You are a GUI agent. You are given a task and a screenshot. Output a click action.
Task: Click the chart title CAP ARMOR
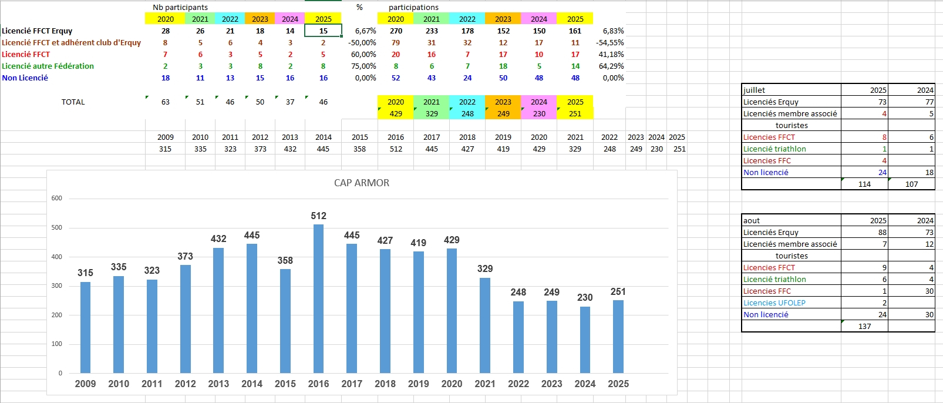point(362,183)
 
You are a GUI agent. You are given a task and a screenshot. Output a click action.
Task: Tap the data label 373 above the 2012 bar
point(185,256)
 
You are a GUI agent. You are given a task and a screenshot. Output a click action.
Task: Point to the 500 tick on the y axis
point(56,227)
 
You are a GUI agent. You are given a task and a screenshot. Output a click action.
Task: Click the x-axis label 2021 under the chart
point(485,384)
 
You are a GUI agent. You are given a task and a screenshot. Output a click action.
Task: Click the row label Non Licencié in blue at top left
point(25,78)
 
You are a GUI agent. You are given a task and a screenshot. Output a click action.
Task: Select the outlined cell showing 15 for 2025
point(323,31)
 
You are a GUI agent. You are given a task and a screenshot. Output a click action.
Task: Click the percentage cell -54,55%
point(609,42)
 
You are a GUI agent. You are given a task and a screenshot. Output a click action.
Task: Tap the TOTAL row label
point(73,102)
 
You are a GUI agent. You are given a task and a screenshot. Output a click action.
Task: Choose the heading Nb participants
point(180,7)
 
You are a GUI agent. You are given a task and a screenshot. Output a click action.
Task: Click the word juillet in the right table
point(754,90)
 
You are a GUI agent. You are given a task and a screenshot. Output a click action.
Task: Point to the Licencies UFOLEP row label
point(774,303)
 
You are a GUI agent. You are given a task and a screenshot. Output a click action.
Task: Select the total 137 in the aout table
point(864,326)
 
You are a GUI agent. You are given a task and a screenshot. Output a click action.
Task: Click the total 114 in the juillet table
point(864,184)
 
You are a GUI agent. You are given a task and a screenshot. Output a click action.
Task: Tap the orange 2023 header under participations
point(503,19)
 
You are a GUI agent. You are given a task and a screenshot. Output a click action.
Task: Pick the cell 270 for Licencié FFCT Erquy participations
point(396,31)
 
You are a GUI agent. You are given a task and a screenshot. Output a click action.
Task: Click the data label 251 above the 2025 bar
point(618,291)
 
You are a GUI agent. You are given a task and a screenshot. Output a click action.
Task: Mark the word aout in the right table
point(752,220)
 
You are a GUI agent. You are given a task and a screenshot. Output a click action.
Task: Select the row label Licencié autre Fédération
point(48,66)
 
